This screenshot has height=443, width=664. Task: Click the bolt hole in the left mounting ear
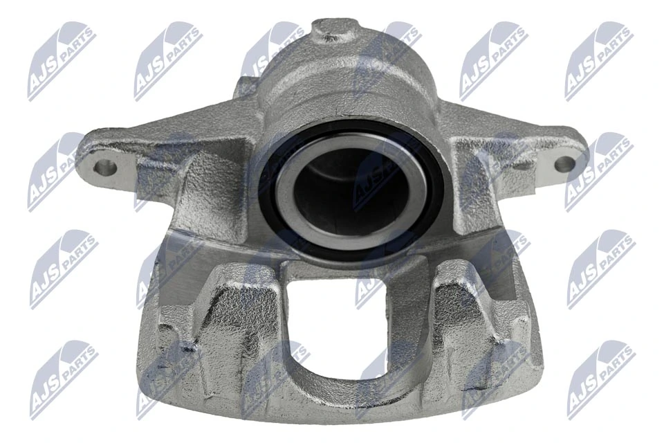pos(105,167)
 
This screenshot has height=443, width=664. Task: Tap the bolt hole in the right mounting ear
pos(564,164)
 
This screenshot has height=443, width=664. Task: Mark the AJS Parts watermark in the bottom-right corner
pos(600,379)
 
